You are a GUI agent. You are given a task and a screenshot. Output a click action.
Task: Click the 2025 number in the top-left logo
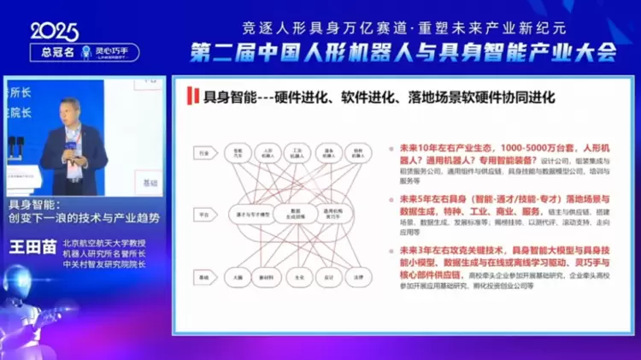[x=54, y=31]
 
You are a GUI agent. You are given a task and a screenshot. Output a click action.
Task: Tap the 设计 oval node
[x=327, y=278]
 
